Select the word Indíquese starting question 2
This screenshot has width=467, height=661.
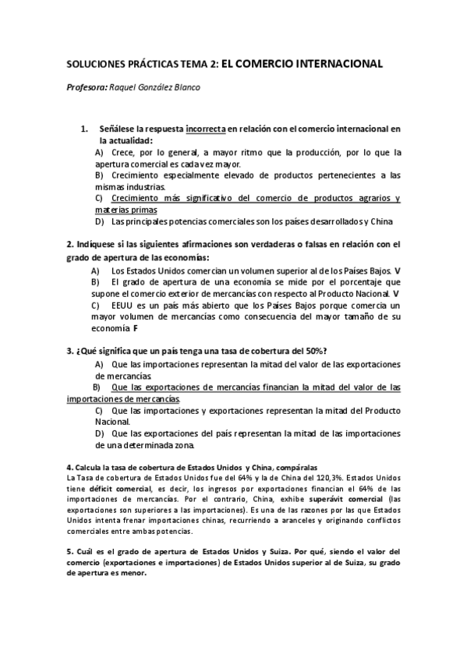[x=97, y=244]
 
